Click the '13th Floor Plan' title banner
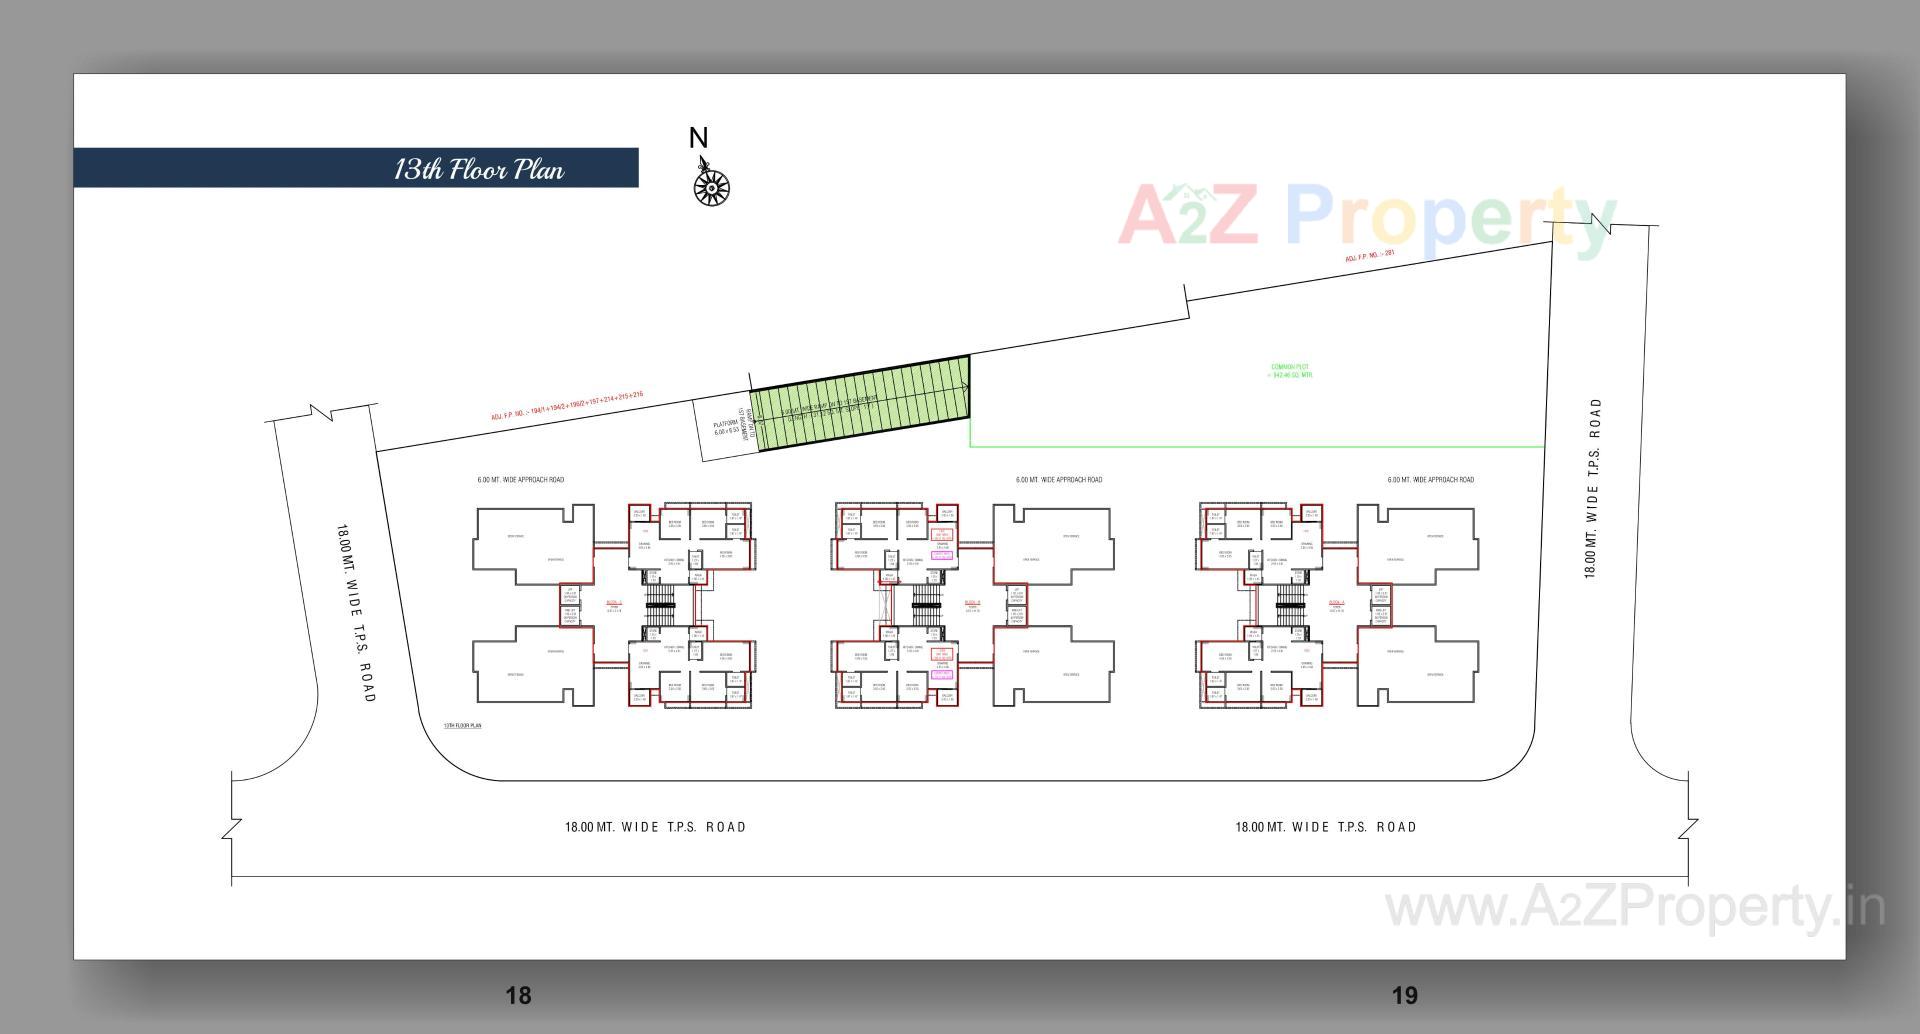[x=478, y=169]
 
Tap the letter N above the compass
[x=698, y=138]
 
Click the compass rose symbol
[x=711, y=187]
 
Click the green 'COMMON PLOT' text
[x=1290, y=371]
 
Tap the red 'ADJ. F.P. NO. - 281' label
[x=1369, y=257]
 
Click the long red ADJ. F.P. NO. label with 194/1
[x=566, y=406]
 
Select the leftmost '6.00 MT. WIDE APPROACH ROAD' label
[x=520, y=480]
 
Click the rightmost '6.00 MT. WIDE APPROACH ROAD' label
[x=1430, y=480]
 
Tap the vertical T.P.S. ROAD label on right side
[x=1592, y=488]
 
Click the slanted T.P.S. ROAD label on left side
[x=356, y=612]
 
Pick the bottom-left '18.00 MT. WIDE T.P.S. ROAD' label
[x=655, y=827]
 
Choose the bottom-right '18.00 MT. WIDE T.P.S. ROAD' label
[x=1325, y=827]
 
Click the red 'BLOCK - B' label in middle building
[x=972, y=603]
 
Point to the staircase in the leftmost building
[x=660, y=598]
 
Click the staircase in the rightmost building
[x=1290, y=598]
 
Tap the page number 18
[x=518, y=995]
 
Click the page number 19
[x=1404, y=995]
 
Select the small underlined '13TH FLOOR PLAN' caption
[x=462, y=725]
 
